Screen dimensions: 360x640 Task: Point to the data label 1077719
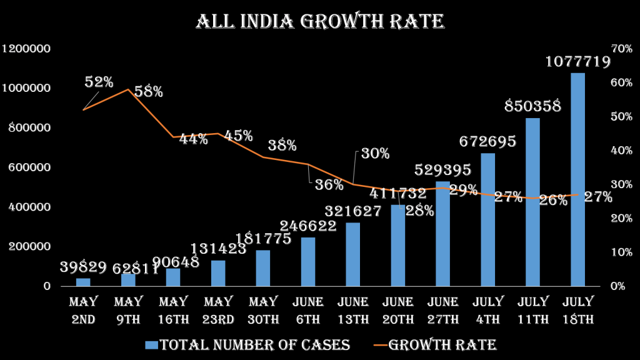tap(577, 62)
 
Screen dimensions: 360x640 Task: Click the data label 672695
tap(487, 142)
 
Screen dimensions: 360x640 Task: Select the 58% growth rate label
tap(148, 92)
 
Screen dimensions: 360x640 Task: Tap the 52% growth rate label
tap(99, 82)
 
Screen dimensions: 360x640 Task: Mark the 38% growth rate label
tap(282, 146)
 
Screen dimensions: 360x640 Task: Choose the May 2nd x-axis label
tap(83, 311)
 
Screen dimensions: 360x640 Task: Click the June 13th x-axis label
tap(353, 311)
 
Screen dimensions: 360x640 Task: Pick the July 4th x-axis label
tap(487, 311)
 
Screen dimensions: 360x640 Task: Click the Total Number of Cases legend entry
tap(247, 345)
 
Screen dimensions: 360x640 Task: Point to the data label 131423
tap(218, 249)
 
